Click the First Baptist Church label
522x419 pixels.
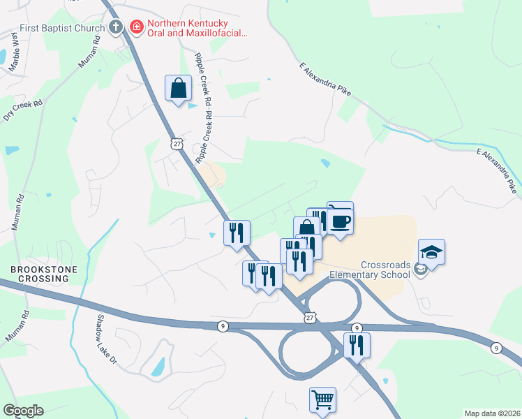[62, 28]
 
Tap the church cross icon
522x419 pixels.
[117, 28]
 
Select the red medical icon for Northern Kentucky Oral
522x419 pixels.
[137, 28]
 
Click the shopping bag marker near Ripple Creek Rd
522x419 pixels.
[178, 88]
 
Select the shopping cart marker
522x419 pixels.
[322, 400]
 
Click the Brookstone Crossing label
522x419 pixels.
[39, 273]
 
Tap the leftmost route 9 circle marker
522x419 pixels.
[222, 326]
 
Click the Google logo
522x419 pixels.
[24, 410]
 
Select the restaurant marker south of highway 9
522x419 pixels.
[357, 345]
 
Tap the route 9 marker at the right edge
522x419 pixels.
[495, 347]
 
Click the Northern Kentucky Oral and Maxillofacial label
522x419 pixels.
[191, 28]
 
